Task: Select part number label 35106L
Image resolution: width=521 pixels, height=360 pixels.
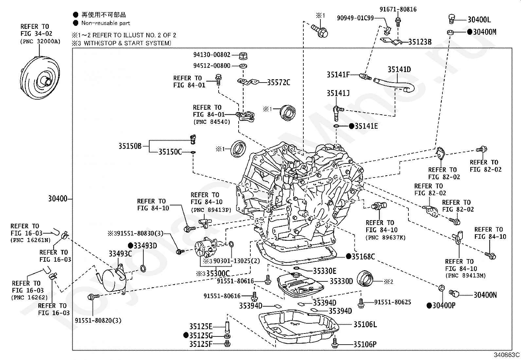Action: pos(365,325)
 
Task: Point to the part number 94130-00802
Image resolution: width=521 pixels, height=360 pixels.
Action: pos(211,55)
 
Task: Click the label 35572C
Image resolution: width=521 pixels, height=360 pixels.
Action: pos(278,83)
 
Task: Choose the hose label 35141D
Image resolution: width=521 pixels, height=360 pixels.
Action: pos(399,70)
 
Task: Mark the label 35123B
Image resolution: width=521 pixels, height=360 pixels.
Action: pos(420,42)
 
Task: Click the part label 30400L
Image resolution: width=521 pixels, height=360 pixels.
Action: pos(479,20)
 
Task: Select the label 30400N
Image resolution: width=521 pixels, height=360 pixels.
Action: pos(485,295)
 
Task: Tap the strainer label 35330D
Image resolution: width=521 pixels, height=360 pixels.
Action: pos(341,281)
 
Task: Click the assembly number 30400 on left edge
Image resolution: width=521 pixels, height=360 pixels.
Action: pos(58,199)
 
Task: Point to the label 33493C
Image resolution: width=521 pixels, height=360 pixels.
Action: pos(120,254)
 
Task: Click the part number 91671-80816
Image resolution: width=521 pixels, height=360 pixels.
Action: pos(398,9)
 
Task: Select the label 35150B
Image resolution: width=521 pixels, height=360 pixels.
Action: pos(130,146)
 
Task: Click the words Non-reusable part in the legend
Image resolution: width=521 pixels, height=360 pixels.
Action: pos(106,23)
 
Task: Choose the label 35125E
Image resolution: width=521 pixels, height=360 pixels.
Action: pos(201,326)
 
